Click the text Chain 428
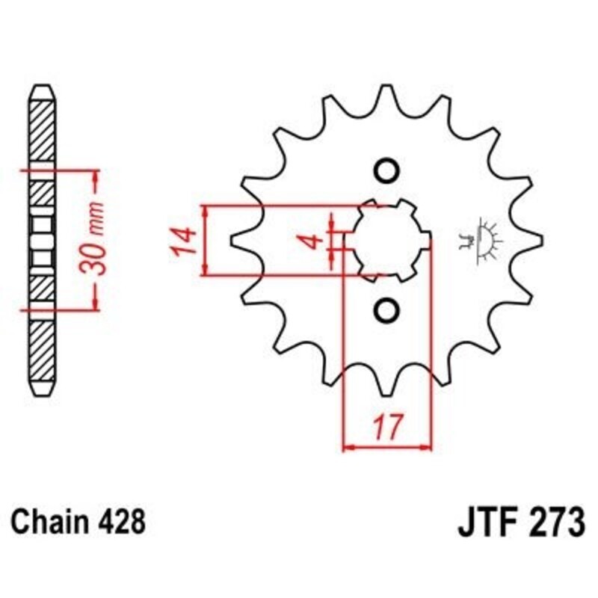[78, 520]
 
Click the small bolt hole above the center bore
[386, 171]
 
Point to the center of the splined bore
[387, 240]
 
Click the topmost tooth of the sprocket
[387, 96]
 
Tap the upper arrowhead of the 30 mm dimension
[96, 177]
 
